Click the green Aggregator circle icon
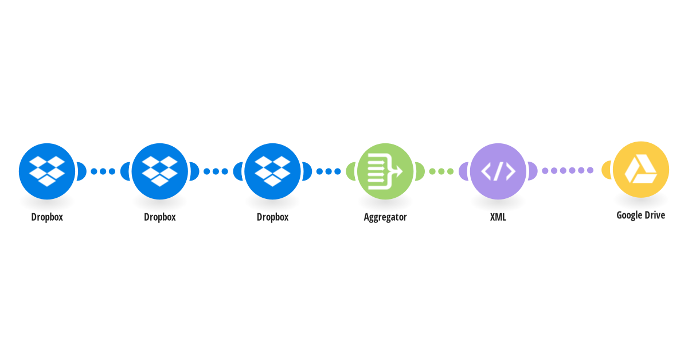pyautogui.click(x=385, y=171)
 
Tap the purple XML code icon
pyautogui.click(x=498, y=171)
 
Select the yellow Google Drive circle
pyautogui.click(x=641, y=169)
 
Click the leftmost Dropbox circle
pyautogui.click(x=47, y=171)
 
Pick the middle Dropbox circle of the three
pyautogui.click(x=160, y=171)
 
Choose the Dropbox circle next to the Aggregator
pyautogui.click(x=272, y=171)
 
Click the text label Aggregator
pyautogui.click(x=385, y=217)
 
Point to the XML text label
pyautogui.click(x=498, y=217)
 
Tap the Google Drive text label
pyautogui.click(x=641, y=215)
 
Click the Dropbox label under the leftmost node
pyautogui.click(x=47, y=217)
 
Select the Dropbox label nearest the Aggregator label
pyautogui.click(x=272, y=217)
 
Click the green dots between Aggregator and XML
pyautogui.click(x=441, y=171)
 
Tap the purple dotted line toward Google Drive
pyautogui.click(x=568, y=170)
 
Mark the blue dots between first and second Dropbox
pyautogui.click(x=103, y=171)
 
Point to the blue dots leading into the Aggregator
pyautogui.click(x=329, y=171)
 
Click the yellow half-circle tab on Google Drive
pyautogui.click(x=606, y=170)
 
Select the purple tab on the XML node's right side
pyautogui.click(x=533, y=171)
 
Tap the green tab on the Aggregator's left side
pyautogui.click(x=350, y=171)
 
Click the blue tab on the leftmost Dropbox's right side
pyautogui.click(x=81, y=171)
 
